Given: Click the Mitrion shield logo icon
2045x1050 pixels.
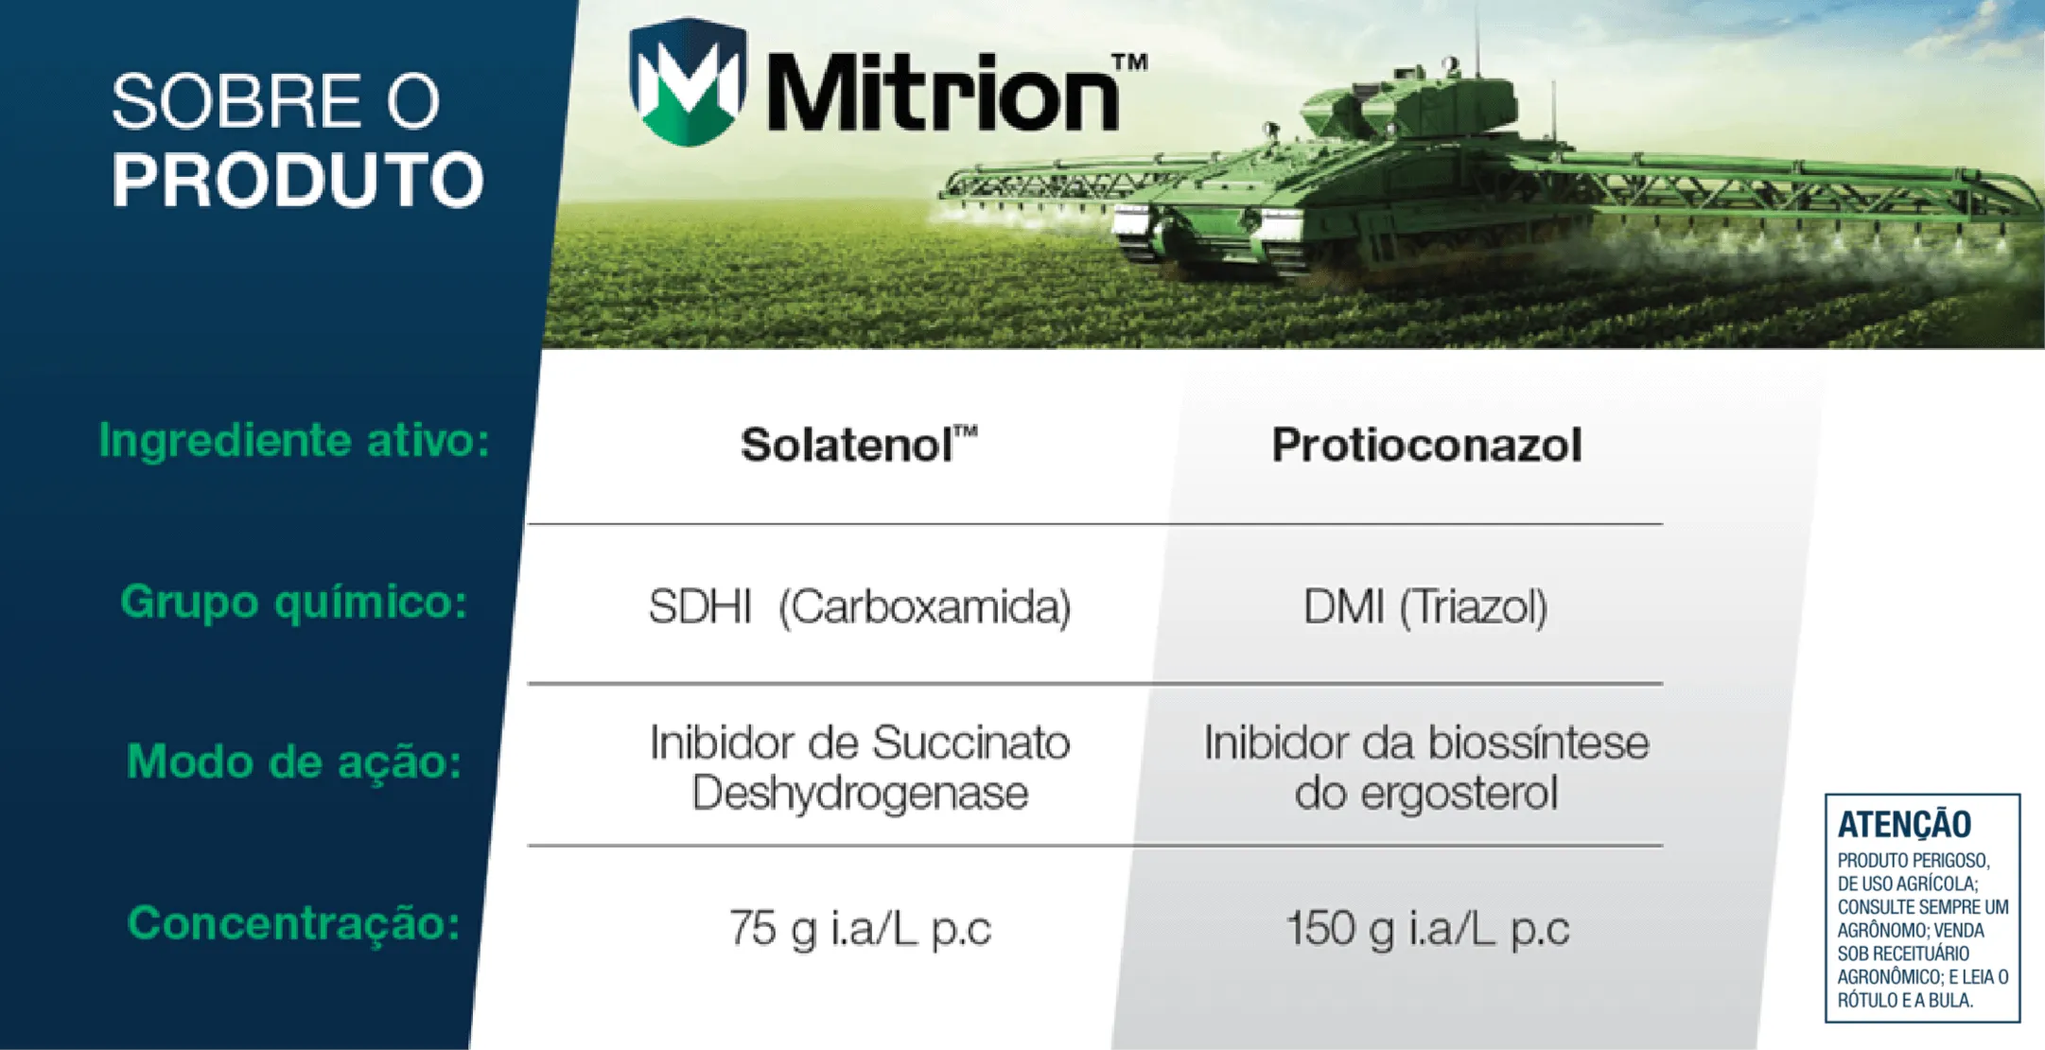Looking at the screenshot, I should [x=688, y=82].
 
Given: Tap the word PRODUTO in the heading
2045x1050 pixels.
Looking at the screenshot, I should [x=298, y=180].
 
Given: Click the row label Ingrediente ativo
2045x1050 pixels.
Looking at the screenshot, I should [x=294, y=441].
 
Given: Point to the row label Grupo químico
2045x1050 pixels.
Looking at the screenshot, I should [x=294, y=602].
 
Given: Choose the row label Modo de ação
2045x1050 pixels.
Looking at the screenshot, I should [x=294, y=761].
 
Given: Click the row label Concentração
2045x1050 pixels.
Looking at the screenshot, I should [x=294, y=923].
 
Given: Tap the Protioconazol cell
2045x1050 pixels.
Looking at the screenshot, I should [x=1425, y=445].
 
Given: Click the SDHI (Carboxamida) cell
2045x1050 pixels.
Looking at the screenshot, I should [x=859, y=606].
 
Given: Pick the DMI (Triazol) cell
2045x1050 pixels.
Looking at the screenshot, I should [x=1425, y=606].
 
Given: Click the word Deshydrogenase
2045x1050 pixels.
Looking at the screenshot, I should [x=859, y=793].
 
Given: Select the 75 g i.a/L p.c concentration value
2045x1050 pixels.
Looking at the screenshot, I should [x=859, y=928].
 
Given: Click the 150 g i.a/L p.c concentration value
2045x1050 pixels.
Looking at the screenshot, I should [x=1427, y=928].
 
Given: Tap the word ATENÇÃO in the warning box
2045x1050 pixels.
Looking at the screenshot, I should [x=1904, y=824].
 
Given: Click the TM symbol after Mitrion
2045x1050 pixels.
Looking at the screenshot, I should [x=1129, y=62].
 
